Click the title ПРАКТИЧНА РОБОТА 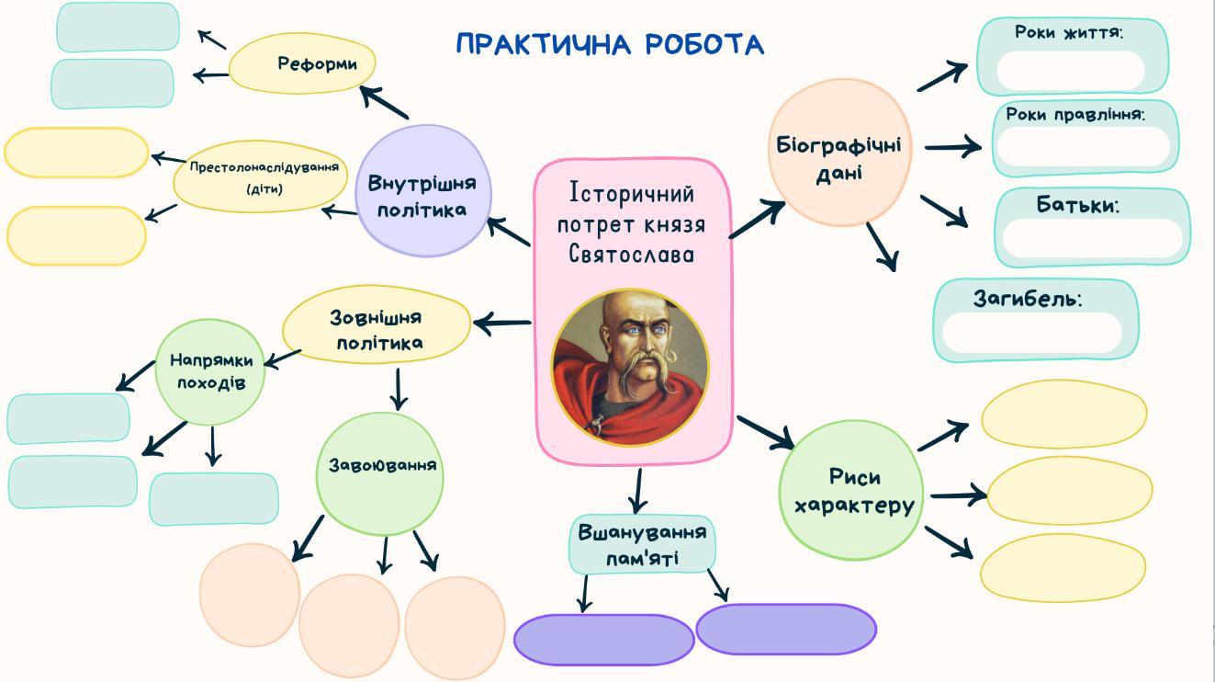[x=610, y=44]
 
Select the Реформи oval [x=302, y=63]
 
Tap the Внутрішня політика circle [x=423, y=190]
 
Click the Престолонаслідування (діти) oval [x=261, y=176]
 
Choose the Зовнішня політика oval [x=377, y=324]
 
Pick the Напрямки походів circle [x=210, y=372]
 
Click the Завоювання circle [x=379, y=473]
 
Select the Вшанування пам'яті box [x=642, y=545]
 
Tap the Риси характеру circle [x=851, y=490]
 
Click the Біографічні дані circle [x=839, y=153]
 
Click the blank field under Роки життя [x=1071, y=71]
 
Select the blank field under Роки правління [x=1084, y=147]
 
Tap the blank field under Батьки [x=1093, y=238]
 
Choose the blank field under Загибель [x=1032, y=332]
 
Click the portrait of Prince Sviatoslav [x=630, y=368]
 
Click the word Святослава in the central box [x=631, y=254]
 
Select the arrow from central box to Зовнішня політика [x=502, y=324]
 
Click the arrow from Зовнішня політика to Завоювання [x=399, y=390]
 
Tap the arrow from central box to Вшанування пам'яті [x=638, y=491]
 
